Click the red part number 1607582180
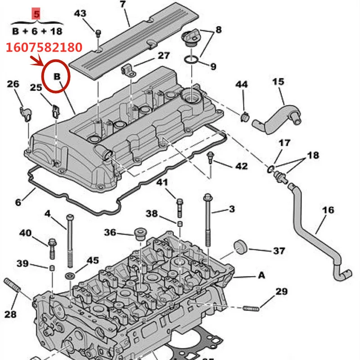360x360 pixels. tap(44, 46)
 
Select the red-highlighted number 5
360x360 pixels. tap(36, 14)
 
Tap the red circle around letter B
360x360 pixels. tap(56, 77)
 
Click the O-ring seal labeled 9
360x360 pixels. tap(192, 59)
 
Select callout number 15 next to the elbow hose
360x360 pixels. tap(278, 81)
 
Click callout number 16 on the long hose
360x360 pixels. tap(328, 210)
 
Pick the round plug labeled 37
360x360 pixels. tap(241, 247)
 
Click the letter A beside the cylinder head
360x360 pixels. tap(261, 276)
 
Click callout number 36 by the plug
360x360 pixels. tap(110, 233)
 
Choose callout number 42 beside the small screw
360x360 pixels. tap(241, 166)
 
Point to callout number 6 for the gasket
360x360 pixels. tap(18, 202)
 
